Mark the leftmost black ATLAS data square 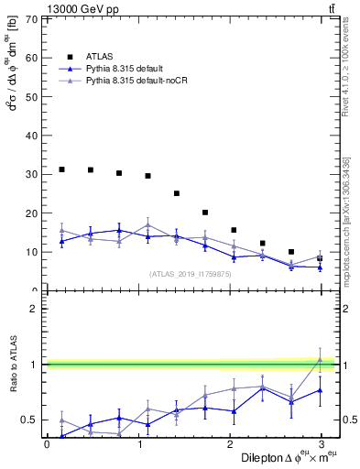click(x=61, y=169)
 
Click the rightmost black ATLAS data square click(x=320, y=258)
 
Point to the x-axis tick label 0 click(x=47, y=444)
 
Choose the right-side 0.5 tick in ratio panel click(x=348, y=420)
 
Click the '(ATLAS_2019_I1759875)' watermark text click(x=190, y=274)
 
